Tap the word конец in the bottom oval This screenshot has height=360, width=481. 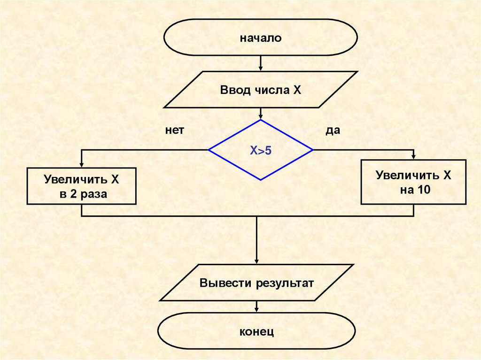click(256, 332)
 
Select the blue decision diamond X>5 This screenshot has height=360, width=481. click(261, 150)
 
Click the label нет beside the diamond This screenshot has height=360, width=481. click(174, 130)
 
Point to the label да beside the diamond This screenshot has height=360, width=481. click(333, 130)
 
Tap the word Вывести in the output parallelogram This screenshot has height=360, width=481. click(226, 283)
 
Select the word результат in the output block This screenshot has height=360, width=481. click(285, 283)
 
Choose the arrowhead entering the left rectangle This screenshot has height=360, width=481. click(82, 165)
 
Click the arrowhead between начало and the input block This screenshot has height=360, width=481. click(261, 69)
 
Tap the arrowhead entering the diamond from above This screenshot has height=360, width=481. click(261, 116)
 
